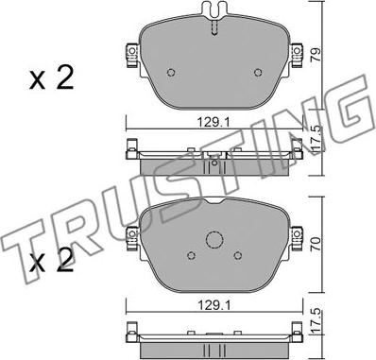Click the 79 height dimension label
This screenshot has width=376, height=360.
316,54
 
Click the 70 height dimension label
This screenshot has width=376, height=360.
316,244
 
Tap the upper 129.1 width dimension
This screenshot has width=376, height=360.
214,122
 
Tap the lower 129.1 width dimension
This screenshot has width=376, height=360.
214,305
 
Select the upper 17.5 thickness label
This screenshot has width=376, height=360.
316,138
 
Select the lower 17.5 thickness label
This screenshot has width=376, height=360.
316,321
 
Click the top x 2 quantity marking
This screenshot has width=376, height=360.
51,77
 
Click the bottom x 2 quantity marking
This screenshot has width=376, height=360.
51,260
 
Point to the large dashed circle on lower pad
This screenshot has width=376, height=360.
214,240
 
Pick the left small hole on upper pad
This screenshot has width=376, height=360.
171,73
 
